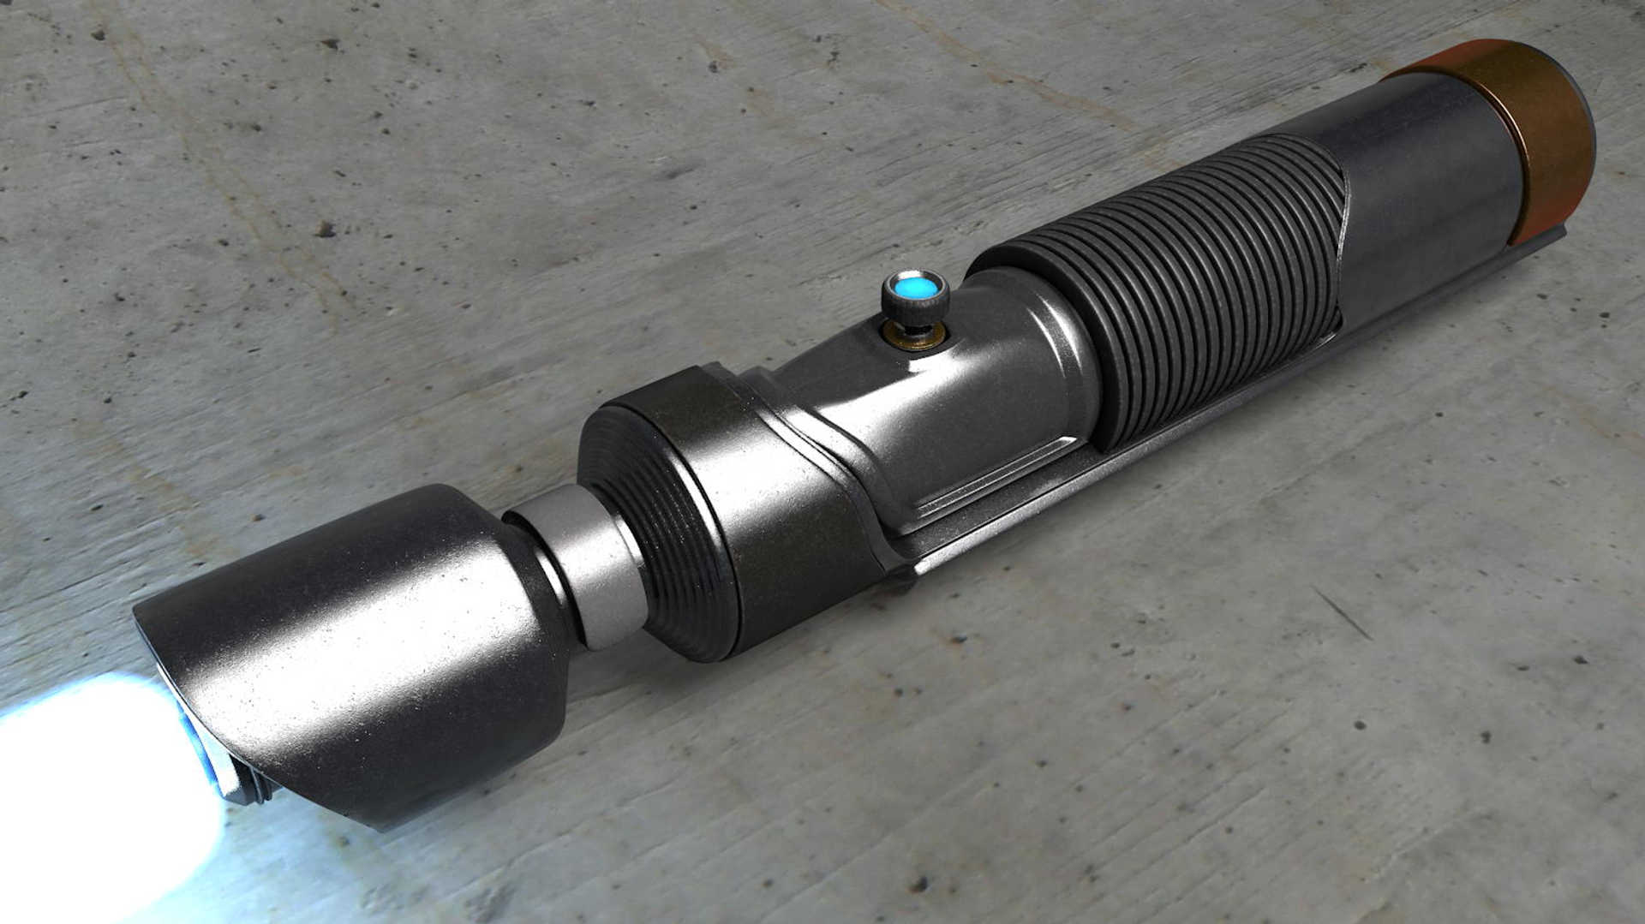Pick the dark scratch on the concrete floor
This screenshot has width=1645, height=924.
point(1341,612)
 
